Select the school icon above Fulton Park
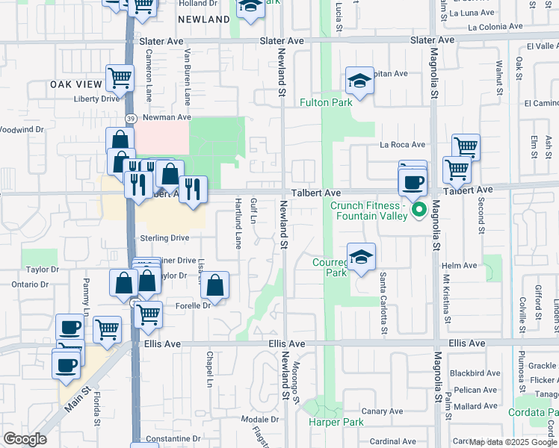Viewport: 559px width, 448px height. (359, 81)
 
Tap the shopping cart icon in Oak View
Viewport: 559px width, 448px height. (120, 77)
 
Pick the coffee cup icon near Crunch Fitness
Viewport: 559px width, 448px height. (412, 182)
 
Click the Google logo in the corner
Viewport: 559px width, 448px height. (25, 439)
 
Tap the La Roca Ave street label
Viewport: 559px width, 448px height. (402, 144)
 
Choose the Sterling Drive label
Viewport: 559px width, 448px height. (164, 237)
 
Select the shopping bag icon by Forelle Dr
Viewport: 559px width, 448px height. (214, 285)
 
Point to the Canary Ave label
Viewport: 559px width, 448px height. (382, 411)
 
